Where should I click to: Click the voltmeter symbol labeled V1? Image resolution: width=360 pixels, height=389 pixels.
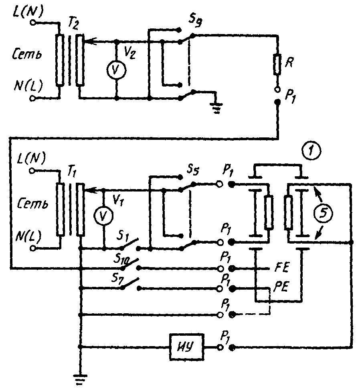[x=103, y=216]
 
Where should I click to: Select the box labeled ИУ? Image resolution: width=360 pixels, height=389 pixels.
[x=187, y=347]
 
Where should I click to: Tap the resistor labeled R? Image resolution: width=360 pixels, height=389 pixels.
[x=277, y=65]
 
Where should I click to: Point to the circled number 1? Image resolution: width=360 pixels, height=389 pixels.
[x=311, y=151]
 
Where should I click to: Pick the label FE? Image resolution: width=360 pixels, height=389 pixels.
[x=281, y=268]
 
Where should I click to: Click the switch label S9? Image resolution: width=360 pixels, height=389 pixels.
[x=195, y=20]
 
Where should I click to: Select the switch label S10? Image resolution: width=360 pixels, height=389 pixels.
[x=121, y=260]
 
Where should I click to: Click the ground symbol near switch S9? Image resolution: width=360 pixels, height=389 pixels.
[x=216, y=107]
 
